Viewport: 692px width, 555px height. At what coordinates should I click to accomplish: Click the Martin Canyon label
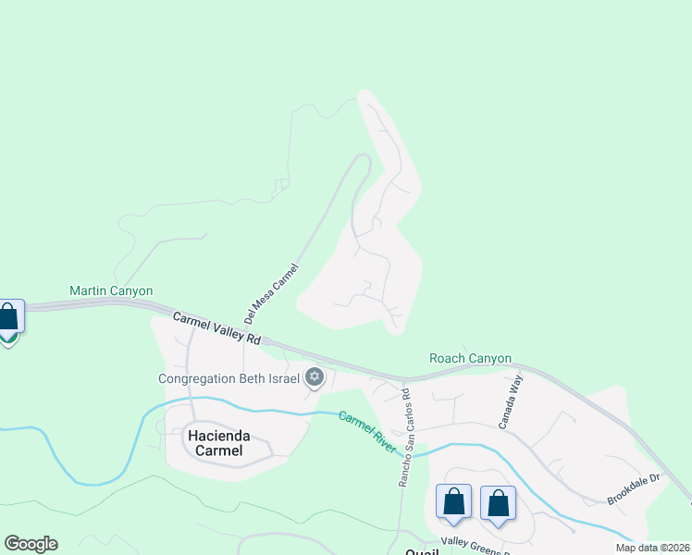111,290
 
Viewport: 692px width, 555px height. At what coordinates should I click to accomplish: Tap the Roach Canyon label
470,358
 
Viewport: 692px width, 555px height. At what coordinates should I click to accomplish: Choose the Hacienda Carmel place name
221,442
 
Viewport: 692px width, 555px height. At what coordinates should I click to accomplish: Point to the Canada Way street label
512,400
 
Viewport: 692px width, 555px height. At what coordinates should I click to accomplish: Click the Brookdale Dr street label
636,488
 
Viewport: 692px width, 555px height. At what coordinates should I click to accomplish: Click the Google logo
31,544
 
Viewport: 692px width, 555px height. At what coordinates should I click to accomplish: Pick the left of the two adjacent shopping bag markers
453,502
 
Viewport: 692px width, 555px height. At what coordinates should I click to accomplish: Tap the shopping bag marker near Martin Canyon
9,317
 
